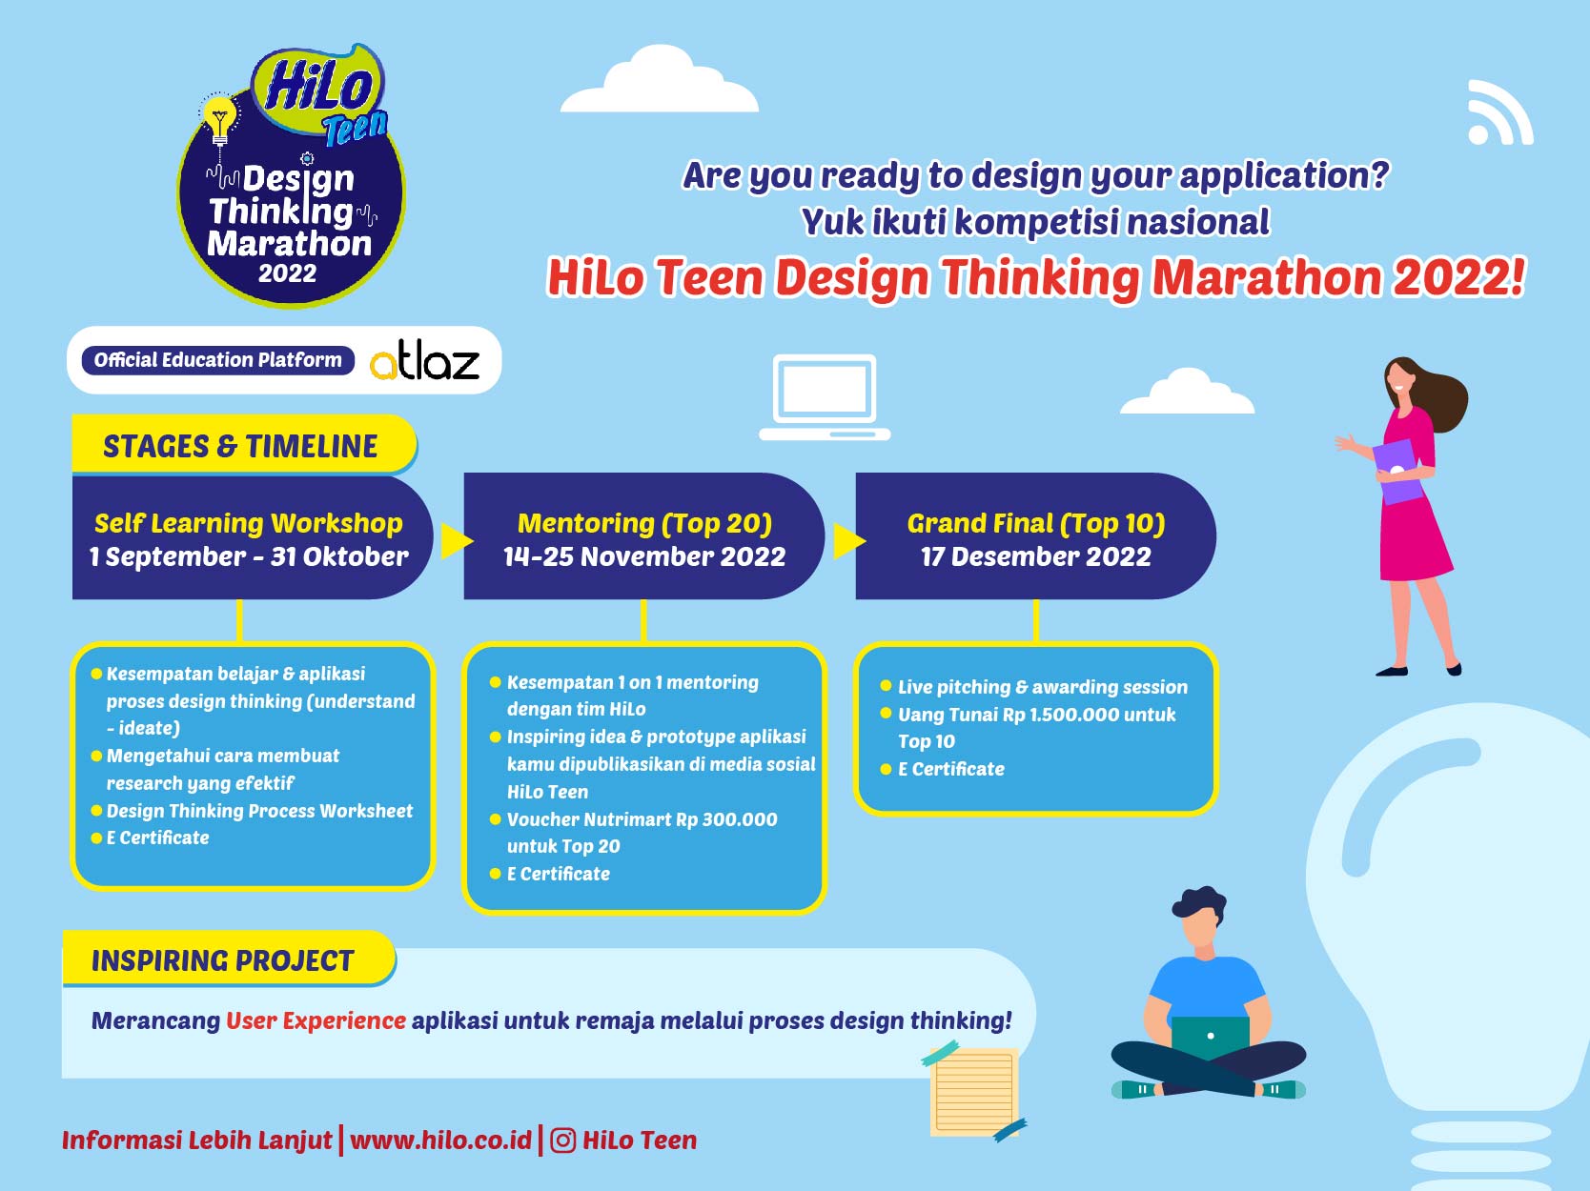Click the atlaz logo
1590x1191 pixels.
424,361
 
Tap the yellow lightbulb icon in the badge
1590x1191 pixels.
219,120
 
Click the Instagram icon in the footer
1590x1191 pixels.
562,1141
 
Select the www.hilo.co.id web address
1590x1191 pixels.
440,1141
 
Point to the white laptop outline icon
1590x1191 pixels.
825,397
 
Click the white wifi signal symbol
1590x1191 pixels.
1499,112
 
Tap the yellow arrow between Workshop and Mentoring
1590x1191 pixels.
457,540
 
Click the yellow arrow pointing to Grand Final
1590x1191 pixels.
849,540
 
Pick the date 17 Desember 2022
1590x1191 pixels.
1036,556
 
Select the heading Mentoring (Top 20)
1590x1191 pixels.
644,523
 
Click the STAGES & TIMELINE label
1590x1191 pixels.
240,446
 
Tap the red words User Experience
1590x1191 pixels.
316,1020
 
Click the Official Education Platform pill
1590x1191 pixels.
218,360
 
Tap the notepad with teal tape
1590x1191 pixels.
973,1091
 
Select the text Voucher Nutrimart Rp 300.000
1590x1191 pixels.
642,819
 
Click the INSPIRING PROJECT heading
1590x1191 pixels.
222,961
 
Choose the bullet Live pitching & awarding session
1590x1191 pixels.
1043,687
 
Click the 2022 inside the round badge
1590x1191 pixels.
288,273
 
